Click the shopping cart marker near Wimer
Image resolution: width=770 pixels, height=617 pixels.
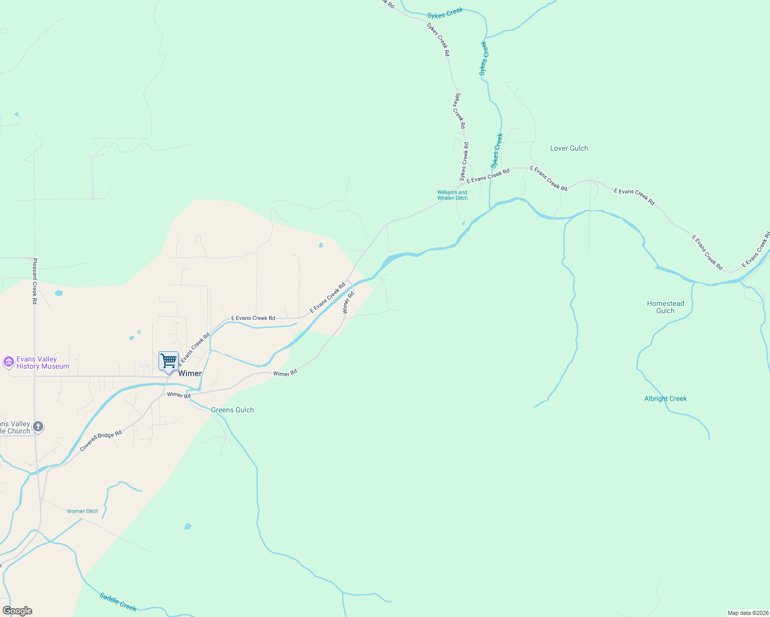click(168, 361)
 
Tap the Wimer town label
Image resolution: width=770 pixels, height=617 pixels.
click(190, 374)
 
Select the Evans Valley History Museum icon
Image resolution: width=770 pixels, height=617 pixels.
click(8, 362)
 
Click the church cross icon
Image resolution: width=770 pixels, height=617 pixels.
click(38, 426)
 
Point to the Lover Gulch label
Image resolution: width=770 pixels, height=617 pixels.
click(569, 149)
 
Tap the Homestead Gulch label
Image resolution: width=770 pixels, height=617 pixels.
click(666, 307)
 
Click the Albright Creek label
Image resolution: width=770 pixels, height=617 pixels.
click(666, 398)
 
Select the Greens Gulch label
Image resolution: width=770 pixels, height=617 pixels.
click(232, 410)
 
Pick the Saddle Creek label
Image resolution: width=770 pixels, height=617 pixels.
click(118, 602)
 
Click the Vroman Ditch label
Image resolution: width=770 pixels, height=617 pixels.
click(82, 511)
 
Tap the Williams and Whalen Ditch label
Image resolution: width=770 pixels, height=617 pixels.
click(452, 195)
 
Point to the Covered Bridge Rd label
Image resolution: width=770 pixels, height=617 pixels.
click(101, 441)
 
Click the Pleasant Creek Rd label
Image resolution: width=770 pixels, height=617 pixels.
click(35, 281)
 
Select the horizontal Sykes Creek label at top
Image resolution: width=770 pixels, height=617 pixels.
click(445, 13)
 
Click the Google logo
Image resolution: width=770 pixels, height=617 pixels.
click(17, 611)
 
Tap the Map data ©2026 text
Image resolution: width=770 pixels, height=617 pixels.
click(747, 613)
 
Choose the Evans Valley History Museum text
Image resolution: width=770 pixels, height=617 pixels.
click(43, 363)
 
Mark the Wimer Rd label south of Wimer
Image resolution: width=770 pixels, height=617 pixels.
click(179, 395)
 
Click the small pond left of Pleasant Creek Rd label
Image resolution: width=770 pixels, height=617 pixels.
click(58, 293)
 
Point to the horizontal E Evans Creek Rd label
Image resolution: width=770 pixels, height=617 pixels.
click(253, 318)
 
